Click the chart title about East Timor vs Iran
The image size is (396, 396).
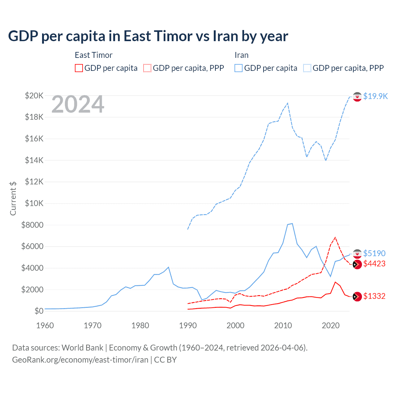(148, 36)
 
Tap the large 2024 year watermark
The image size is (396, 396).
(78, 105)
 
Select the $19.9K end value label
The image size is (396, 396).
(375, 96)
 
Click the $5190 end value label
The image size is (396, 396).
(374, 253)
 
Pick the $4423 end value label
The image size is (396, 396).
(374, 264)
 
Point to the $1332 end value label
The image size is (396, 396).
(374, 296)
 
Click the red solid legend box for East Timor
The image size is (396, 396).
(79, 68)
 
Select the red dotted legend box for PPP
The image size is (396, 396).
(147, 68)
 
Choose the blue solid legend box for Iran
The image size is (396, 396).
(239, 68)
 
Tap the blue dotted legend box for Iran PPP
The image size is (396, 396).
(307, 68)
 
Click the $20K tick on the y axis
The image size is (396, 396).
(34, 96)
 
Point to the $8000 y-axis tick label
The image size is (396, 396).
(32, 225)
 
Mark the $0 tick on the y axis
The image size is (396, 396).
(39, 311)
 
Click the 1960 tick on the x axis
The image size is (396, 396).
(45, 325)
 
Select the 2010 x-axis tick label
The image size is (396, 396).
(283, 325)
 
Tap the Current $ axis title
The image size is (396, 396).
(13, 198)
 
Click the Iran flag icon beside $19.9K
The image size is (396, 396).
(357, 97)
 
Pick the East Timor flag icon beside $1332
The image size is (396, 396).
(357, 296)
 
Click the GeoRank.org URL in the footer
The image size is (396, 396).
(80, 360)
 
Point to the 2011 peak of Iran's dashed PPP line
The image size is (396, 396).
(288, 103)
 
